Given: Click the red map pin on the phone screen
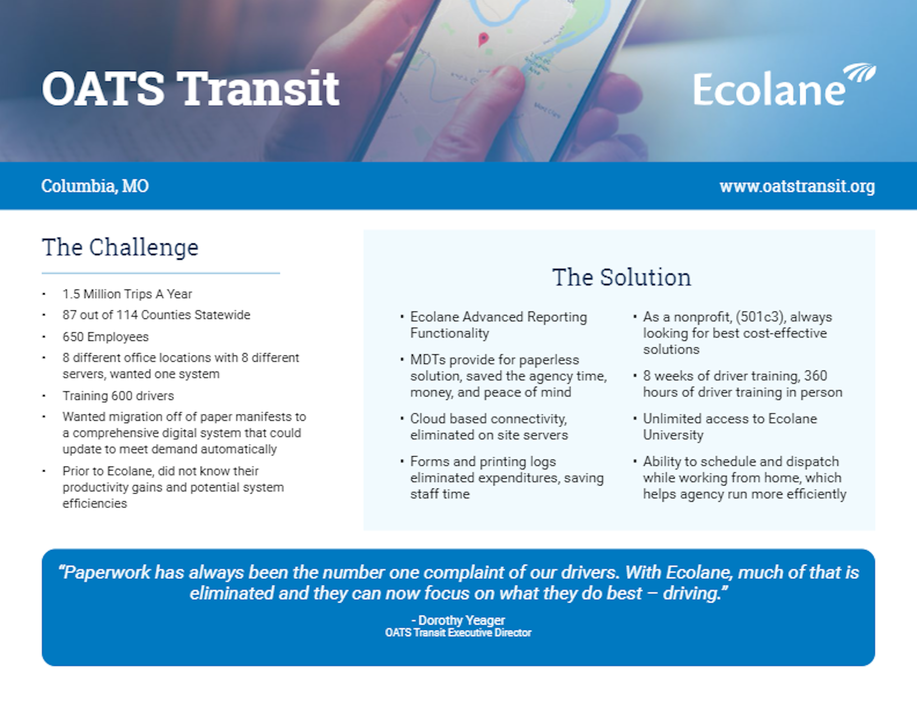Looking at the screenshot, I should click(x=483, y=39).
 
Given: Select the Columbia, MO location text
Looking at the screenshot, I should click(x=95, y=186).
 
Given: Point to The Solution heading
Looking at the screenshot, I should click(x=621, y=278).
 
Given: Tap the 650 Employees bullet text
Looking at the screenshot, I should click(x=105, y=337).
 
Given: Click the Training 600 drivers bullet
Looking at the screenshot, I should click(x=118, y=396).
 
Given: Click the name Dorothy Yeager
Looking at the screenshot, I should click(x=461, y=620).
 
